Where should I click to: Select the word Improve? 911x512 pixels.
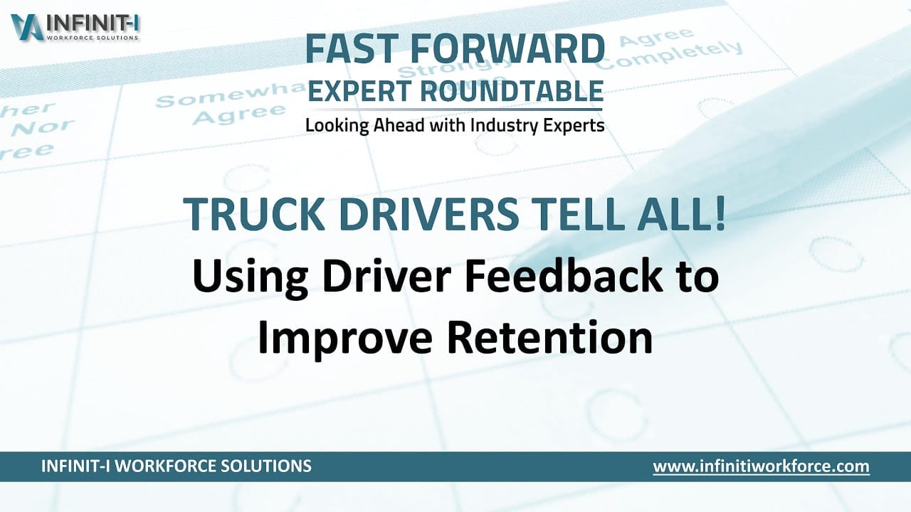coord(344,337)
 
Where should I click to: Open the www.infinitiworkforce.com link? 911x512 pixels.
coord(761,466)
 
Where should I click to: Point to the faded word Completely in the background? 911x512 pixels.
coord(669,55)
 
